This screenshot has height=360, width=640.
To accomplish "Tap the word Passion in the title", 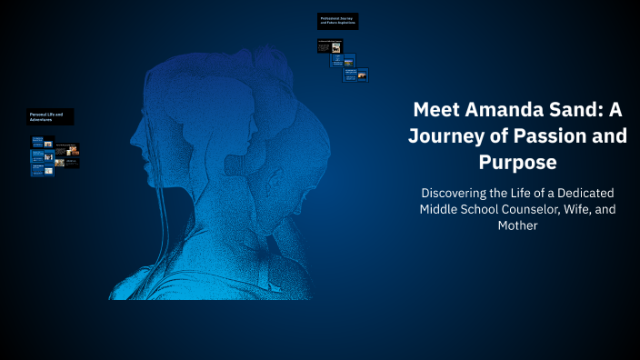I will pyautogui.click(x=537, y=137).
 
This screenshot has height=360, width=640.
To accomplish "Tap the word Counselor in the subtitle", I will pyautogui.click(x=536, y=209).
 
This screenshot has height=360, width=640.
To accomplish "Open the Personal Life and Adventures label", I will pyautogui.click(x=51, y=117).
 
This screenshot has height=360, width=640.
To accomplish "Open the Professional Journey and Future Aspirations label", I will pyautogui.click(x=337, y=20).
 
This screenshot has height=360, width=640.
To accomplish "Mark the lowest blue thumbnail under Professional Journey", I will pyautogui.click(x=349, y=75).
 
